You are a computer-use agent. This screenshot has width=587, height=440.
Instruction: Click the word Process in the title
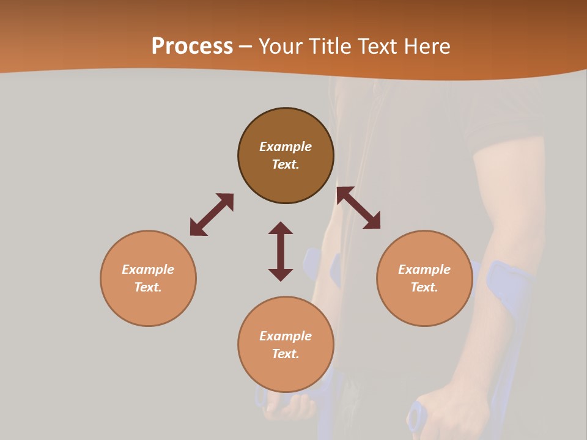point(192,46)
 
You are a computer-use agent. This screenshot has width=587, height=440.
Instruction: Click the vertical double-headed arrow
point(281,251)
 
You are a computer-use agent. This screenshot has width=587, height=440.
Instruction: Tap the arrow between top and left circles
point(212,215)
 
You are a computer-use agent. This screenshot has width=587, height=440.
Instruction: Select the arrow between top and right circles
point(358,208)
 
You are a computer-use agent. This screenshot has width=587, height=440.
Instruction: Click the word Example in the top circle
point(286,147)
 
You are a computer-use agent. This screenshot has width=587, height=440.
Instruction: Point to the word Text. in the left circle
point(148,287)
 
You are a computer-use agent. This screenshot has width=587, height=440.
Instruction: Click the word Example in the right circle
point(424,269)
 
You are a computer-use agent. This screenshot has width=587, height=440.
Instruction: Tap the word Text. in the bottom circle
point(286,354)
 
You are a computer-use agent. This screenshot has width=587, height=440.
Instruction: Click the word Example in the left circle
point(148,269)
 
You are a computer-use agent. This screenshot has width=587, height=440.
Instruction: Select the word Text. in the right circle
point(424,287)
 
